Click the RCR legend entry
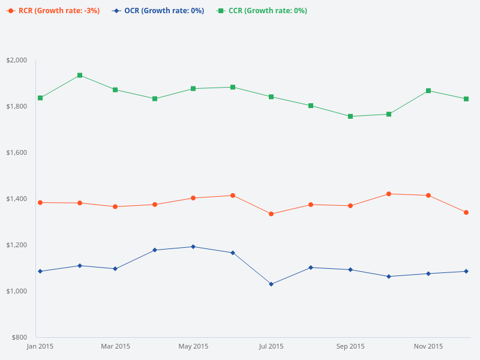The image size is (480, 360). click(x=53, y=11)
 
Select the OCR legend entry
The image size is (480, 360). click(x=158, y=11)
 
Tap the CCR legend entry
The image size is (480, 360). click(x=262, y=11)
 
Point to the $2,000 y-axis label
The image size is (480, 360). click(x=17, y=60)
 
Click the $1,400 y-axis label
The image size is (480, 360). click(x=17, y=199)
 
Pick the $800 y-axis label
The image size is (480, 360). click(x=19, y=337)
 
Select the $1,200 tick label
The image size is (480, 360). click(x=17, y=245)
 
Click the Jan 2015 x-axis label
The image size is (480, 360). click(x=40, y=346)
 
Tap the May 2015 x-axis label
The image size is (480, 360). click(x=193, y=346)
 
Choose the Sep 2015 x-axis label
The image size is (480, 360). click(x=350, y=346)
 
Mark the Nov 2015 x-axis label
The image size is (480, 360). click(x=428, y=346)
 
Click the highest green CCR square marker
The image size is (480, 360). click(x=80, y=76)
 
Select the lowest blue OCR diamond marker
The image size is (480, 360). click(x=271, y=284)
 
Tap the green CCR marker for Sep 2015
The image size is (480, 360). click(x=350, y=116)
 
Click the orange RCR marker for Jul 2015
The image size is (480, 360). click(x=271, y=214)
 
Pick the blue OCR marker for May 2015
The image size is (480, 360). click(x=193, y=247)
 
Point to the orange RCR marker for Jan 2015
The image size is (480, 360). click(x=40, y=203)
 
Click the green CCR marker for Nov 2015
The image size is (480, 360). click(x=428, y=91)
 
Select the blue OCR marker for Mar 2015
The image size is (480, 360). click(x=115, y=269)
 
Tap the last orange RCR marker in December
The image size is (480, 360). click(x=466, y=212)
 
